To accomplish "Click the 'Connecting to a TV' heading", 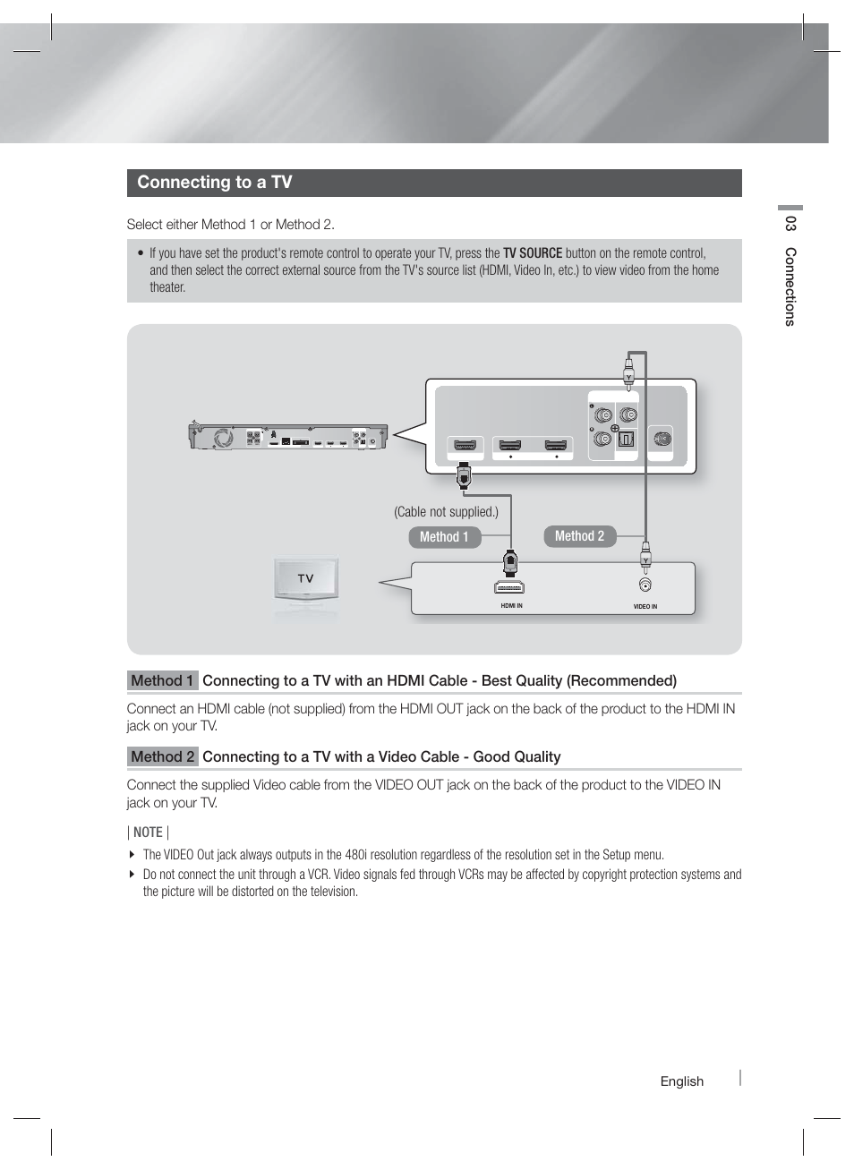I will pyautogui.click(x=215, y=183).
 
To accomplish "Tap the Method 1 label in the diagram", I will pyautogui.click(x=444, y=537).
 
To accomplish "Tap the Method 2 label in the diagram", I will pyautogui.click(x=579, y=536).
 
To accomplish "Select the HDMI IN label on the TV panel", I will pyautogui.click(x=511, y=606).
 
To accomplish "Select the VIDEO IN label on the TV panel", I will pyautogui.click(x=645, y=607).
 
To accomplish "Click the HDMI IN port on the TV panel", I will pyautogui.click(x=509, y=587).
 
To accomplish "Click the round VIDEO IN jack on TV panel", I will pyautogui.click(x=645, y=585).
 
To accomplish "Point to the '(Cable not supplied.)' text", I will pyautogui.click(x=446, y=512).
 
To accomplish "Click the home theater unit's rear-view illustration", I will pyautogui.click(x=287, y=437).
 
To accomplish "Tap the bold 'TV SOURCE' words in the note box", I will pyautogui.click(x=532, y=253).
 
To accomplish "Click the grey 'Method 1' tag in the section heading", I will pyautogui.click(x=162, y=681).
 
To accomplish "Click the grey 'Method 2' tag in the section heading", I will pyautogui.click(x=162, y=757).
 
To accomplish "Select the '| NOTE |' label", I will pyautogui.click(x=148, y=833).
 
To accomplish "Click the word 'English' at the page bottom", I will pyautogui.click(x=681, y=1081).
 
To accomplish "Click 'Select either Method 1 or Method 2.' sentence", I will pyautogui.click(x=230, y=225).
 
